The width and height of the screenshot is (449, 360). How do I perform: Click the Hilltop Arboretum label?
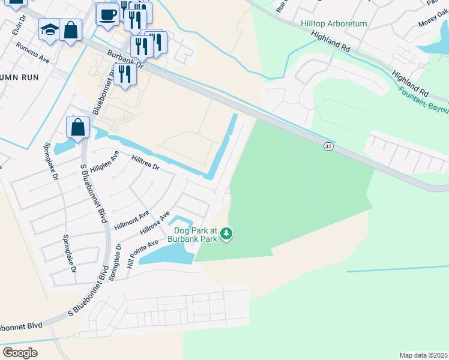(333, 24)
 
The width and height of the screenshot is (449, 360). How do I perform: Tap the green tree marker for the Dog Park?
(226, 233)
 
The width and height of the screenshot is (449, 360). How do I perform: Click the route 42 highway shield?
(328, 146)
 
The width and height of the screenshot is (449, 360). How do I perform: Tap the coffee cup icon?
(108, 14)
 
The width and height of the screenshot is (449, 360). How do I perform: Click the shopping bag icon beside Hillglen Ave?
(78, 127)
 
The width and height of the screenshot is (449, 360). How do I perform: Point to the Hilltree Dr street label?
(144, 163)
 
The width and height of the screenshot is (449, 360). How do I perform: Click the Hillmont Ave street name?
(131, 220)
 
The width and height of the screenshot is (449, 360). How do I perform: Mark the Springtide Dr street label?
(114, 262)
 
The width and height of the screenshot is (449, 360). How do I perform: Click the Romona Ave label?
(33, 53)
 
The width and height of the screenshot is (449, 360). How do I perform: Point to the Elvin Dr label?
(22, 26)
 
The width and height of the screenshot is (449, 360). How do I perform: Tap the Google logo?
(20, 352)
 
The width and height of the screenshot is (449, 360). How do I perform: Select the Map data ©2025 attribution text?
(423, 355)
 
